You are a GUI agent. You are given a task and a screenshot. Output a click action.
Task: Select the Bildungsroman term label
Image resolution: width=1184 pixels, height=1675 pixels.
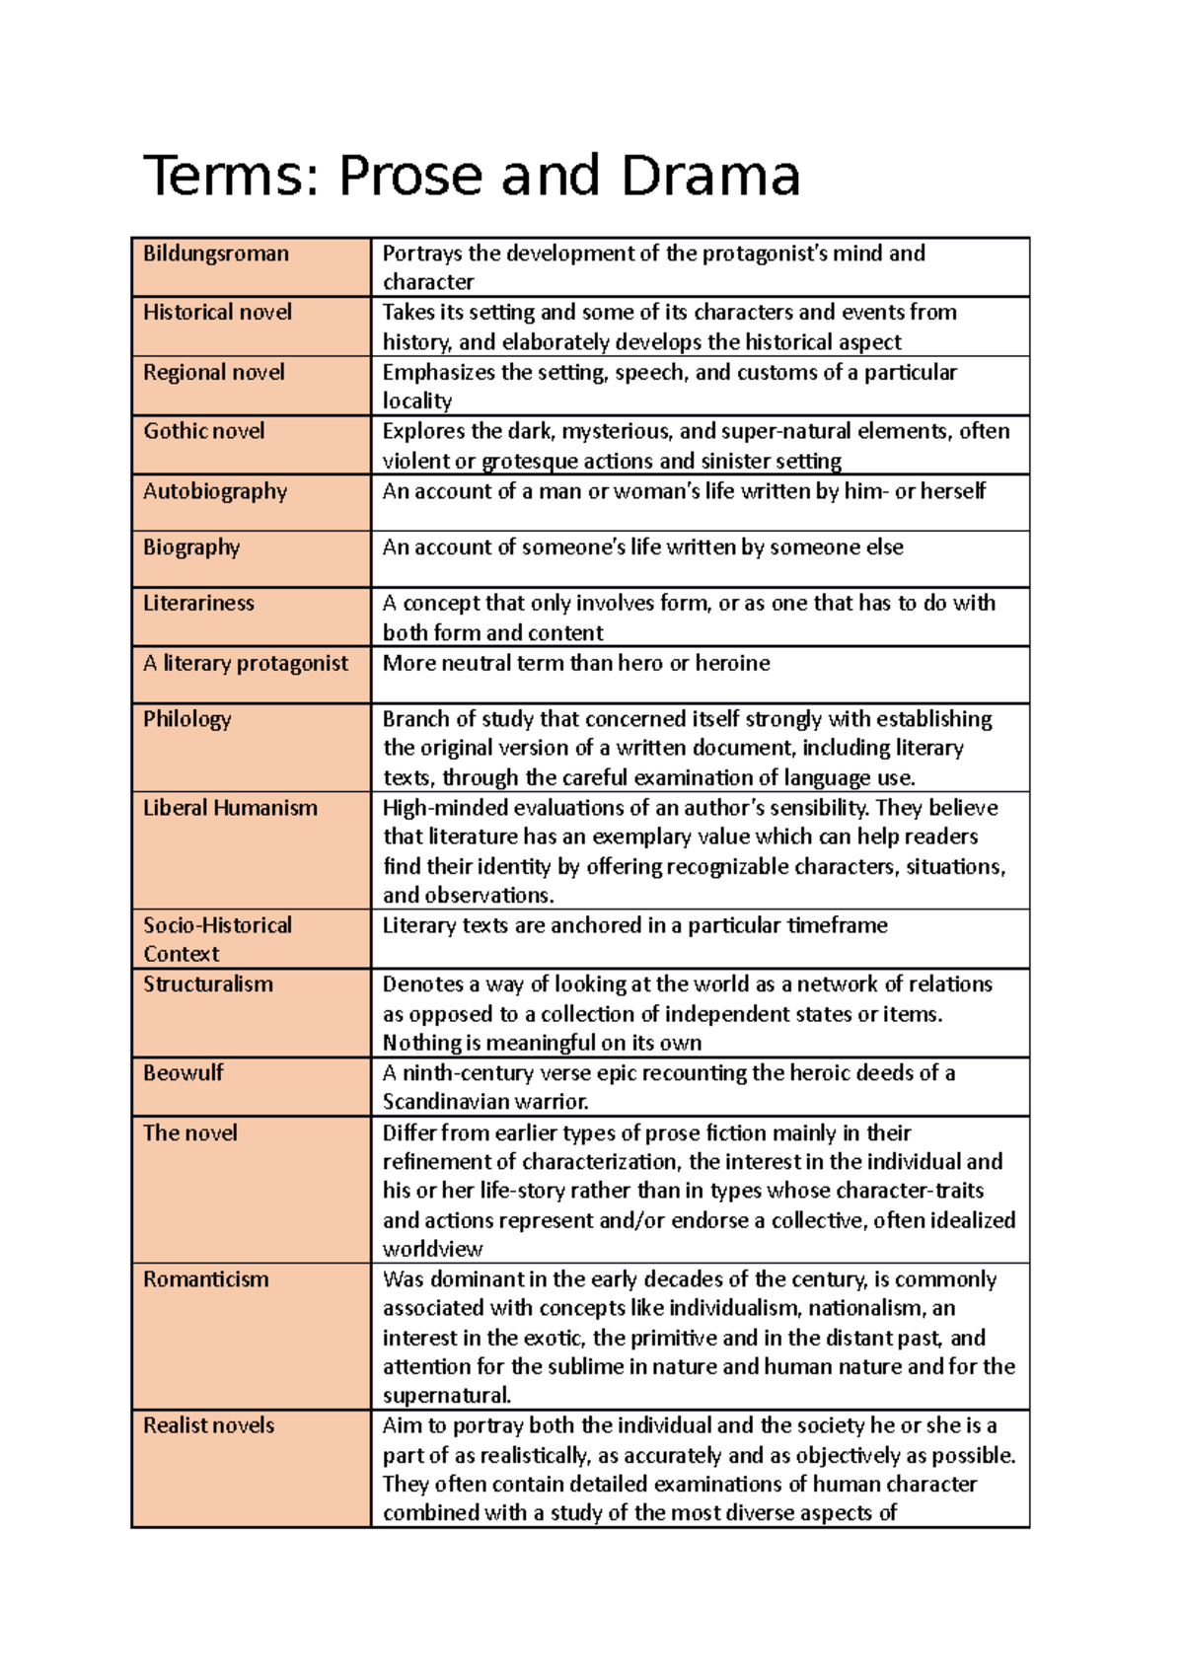[x=216, y=254]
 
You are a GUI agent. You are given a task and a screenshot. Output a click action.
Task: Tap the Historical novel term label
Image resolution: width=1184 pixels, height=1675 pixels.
[x=217, y=313]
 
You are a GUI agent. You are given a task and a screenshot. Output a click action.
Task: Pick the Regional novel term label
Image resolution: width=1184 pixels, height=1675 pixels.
[x=213, y=373]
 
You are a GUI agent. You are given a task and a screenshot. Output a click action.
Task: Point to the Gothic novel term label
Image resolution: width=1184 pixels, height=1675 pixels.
[x=203, y=431]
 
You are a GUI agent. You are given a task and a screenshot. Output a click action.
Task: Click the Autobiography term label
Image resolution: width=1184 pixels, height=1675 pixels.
[x=215, y=491]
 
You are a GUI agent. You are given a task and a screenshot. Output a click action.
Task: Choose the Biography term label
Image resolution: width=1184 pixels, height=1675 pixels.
[x=191, y=547]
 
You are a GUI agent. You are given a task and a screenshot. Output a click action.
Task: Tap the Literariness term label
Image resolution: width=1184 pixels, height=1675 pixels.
[x=198, y=603]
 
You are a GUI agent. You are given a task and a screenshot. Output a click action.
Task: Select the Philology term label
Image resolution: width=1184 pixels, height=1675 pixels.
[x=186, y=719]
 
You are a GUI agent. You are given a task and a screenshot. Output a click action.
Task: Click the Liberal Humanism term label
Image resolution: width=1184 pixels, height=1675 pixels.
[x=230, y=808]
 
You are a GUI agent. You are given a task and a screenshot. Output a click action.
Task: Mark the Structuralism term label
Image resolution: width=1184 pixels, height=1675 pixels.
[x=207, y=984]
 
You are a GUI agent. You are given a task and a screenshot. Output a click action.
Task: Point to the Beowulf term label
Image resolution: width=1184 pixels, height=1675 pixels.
[x=183, y=1073]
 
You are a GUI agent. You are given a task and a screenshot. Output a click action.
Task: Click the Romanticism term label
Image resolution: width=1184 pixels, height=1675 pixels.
[x=205, y=1279]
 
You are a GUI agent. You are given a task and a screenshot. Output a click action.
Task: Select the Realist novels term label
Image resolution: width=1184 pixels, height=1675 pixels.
[x=208, y=1425]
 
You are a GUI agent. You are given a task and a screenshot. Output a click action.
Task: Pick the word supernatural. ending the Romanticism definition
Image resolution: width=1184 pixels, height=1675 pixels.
[x=447, y=1396]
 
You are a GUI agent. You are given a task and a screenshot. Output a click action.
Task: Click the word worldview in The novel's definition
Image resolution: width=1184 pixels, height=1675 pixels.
[x=432, y=1250]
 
